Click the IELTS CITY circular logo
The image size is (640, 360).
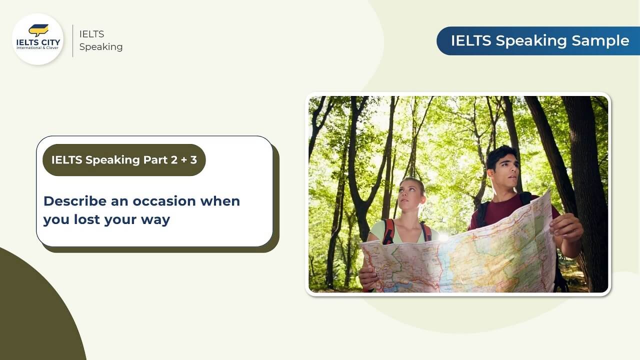pos(37,39)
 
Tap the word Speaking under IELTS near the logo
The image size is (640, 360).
pos(101,47)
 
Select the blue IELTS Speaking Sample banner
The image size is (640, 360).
pos(538,41)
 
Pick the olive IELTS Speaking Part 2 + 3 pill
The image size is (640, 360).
pos(124,160)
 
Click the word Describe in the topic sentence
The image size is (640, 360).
pos(75,201)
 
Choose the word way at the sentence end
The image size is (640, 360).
pos(155,219)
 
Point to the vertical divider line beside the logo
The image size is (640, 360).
pos(73,40)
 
